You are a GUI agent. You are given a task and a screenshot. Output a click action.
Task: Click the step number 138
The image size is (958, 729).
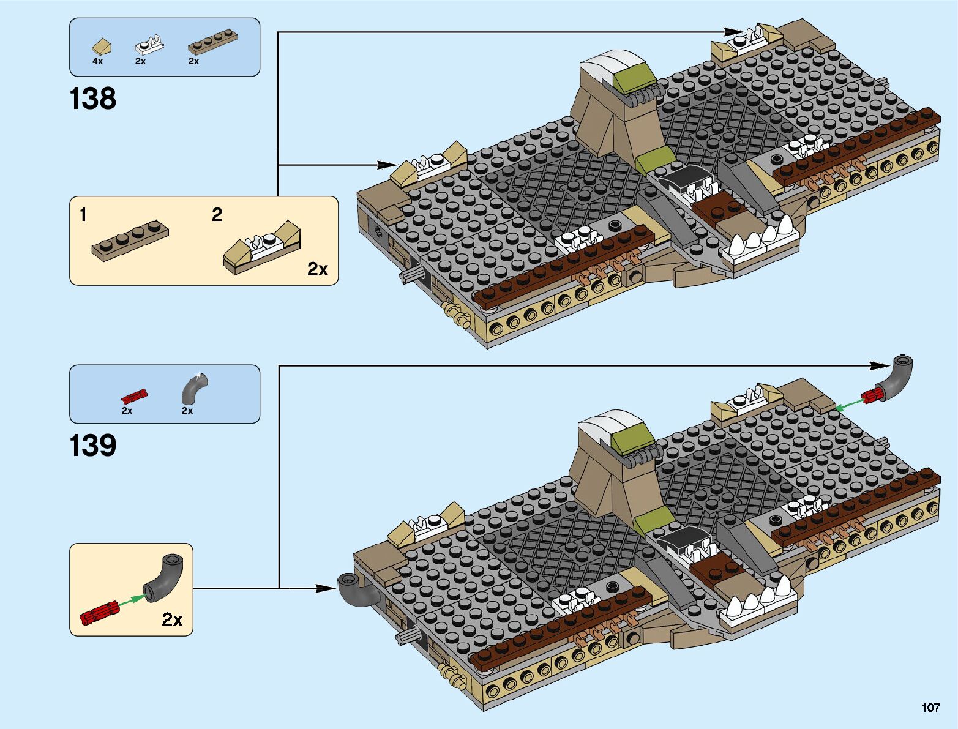coord(92,99)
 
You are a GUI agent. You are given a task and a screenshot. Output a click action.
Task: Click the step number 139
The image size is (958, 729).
coord(92,446)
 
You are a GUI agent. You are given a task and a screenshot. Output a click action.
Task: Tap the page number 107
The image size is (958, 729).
coord(930,708)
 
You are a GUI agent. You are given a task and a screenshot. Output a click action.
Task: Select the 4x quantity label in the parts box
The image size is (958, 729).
coord(98,61)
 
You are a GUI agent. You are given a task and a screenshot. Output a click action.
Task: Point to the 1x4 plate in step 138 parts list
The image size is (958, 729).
coord(212,42)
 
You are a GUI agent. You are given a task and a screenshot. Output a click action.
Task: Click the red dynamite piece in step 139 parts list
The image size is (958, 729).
coord(134,394)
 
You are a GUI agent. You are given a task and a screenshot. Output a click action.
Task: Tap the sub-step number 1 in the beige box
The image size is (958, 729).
coord(83,215)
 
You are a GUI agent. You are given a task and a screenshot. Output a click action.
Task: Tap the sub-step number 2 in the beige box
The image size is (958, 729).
coord(217,214)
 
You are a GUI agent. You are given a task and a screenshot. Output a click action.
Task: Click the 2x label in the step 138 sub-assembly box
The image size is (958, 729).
coord(318,269)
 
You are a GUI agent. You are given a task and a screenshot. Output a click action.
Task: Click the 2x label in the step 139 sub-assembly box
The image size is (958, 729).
coord(172,619)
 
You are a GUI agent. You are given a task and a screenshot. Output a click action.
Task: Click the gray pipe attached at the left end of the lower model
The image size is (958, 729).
coord(354,589)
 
